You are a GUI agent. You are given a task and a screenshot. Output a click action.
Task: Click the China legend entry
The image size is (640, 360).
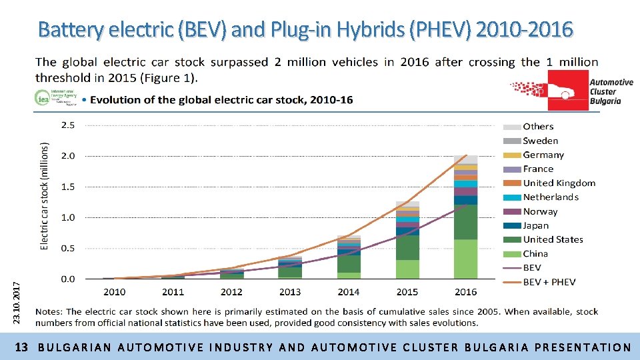pos(535,253)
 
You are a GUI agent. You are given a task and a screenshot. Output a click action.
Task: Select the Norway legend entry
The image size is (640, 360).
pos(540,211)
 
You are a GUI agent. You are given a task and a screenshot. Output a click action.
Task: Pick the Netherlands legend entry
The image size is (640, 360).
pos(551,197)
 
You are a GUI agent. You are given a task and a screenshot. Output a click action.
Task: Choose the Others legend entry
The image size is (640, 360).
pos(538,127)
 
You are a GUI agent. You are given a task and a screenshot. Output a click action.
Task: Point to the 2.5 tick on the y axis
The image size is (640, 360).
pos(67,125)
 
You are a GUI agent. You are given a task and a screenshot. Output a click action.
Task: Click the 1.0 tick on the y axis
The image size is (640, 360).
pos(67,217)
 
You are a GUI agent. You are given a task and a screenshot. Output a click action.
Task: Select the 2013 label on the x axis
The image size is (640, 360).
pos(290,292)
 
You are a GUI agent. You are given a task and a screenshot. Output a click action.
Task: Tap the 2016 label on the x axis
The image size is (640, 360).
pos(465,292)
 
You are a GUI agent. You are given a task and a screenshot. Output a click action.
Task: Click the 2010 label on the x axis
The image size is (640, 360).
pos(114,292)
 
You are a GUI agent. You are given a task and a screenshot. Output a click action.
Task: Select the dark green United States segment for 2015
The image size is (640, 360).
pos(407,247)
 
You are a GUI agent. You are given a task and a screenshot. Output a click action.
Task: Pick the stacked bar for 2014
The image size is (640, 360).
pos(349,257)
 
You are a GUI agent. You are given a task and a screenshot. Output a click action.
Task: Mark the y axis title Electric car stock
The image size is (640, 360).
pos(45,195)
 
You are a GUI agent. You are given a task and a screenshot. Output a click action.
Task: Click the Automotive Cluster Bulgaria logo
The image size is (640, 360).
pos(572,92)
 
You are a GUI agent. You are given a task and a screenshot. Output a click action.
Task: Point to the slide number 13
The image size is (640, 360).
pos(21,347)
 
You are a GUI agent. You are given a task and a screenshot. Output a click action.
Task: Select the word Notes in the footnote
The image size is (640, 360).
pos(49,311)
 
